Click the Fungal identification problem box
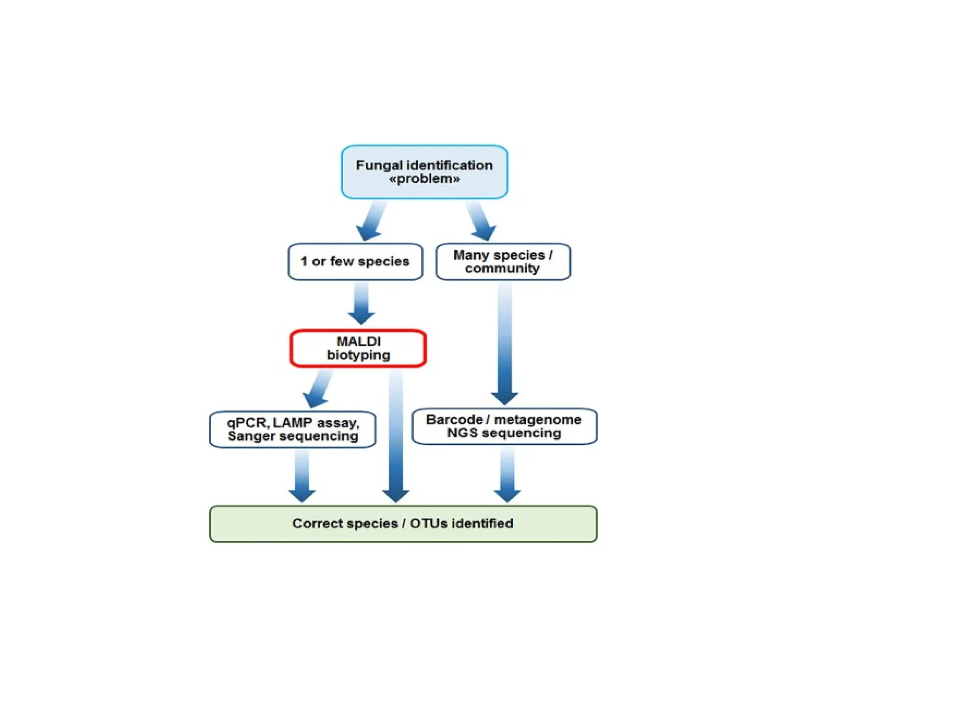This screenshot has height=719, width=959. click(x=424, y=172)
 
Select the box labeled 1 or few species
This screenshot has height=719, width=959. click(x=355, y=262)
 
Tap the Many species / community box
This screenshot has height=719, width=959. click(x=503, y=262)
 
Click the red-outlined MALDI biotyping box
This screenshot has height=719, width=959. click(x=358, y=348)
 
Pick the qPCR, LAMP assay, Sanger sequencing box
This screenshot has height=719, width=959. click(x=293, y=429)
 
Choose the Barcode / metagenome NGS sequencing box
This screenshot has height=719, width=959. click(x=504, y=426)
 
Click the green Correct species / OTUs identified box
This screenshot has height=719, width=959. click(x=403, y=523)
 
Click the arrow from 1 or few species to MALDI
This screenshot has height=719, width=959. click(x=361, y=304)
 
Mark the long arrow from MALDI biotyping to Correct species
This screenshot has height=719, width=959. click(x=396, y=435)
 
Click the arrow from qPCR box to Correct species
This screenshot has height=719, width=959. click(x=302, y=476)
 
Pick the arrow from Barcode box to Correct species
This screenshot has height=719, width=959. click(x=507, y=474)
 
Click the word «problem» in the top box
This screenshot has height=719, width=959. click(x=424, y=179)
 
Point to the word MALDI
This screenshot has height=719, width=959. click(x=359, y=341)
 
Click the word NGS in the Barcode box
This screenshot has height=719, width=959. click(x=462, y=433)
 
